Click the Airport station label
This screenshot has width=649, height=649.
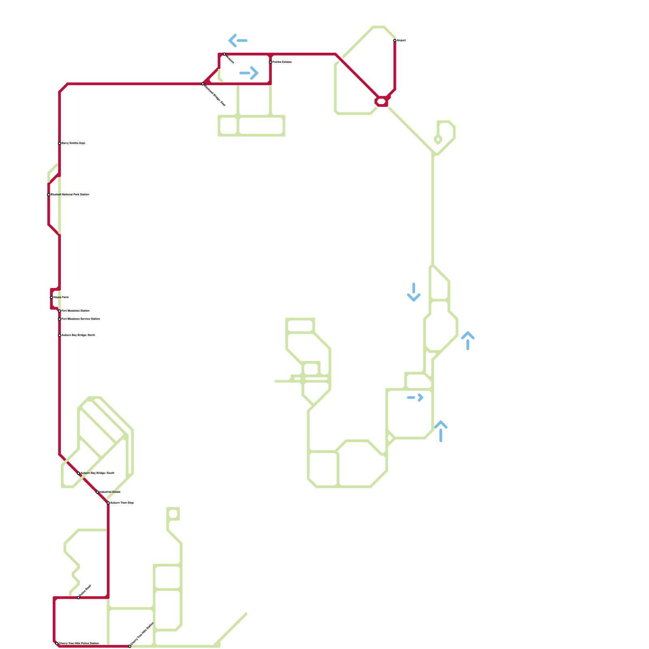tap(401, 41)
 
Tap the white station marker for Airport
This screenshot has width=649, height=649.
tap(395, 41)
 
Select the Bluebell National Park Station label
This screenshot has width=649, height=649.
tap(70, 195)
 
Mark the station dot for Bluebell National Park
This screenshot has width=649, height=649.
tap(49, 195)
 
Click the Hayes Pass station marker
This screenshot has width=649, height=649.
tap(51, 297)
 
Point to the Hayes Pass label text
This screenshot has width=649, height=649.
tap(61, 297)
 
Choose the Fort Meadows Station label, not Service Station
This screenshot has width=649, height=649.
tap(75, 311)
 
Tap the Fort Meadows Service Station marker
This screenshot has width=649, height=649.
tap(59, 319)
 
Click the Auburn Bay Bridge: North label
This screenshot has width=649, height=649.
tap(78, 335)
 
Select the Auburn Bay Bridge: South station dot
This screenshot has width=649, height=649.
tap(78, 473)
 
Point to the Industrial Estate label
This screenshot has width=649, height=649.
tap(110, 492)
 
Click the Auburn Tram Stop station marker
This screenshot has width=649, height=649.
tap(108, 503)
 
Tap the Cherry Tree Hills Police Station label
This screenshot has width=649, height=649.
tap(79, 643)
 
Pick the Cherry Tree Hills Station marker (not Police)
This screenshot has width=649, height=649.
tap(130, 646)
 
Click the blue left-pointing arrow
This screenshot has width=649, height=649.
tap(238, 41)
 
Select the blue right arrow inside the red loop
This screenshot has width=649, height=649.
tap(249, 73)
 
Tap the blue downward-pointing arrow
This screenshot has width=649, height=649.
tap(414, 292)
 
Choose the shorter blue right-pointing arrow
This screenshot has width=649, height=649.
tap(415, 398)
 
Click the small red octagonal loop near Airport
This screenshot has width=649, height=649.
tap(382, 101)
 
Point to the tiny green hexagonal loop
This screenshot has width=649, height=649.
tap(438, 140)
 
